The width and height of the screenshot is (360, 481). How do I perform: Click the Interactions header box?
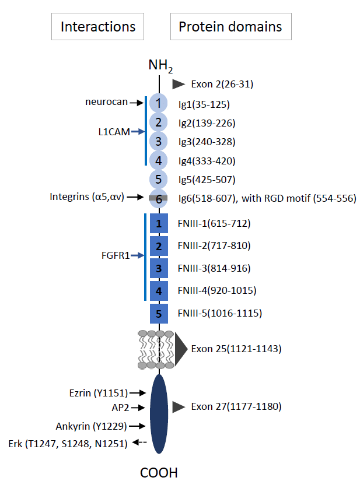click(x=98, y=27)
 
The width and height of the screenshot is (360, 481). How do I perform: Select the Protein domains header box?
click(x=230, y=27)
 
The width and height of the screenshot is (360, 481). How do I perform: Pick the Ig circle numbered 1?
click(x=158, y=104)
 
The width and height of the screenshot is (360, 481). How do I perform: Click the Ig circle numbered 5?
click(x=158, y=179)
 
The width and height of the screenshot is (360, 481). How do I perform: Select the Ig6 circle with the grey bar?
click(x=158, y=198)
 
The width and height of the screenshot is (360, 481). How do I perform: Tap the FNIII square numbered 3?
click(x=159, y=268)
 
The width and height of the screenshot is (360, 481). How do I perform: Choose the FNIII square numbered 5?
click(x=159, y=313)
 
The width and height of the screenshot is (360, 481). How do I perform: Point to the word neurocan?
click(x=106, y=103)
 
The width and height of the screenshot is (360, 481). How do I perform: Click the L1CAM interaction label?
click(x=114, y=132)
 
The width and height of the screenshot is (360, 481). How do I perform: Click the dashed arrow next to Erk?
click(x=139, y=444)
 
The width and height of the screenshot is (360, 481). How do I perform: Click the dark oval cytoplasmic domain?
click(x=159, y=414)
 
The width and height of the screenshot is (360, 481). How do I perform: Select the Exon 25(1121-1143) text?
click(x=236, y=349)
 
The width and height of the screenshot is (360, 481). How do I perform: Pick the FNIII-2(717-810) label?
click(x=214, y=245)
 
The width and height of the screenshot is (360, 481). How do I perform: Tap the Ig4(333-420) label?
click(x=207, y=160)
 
